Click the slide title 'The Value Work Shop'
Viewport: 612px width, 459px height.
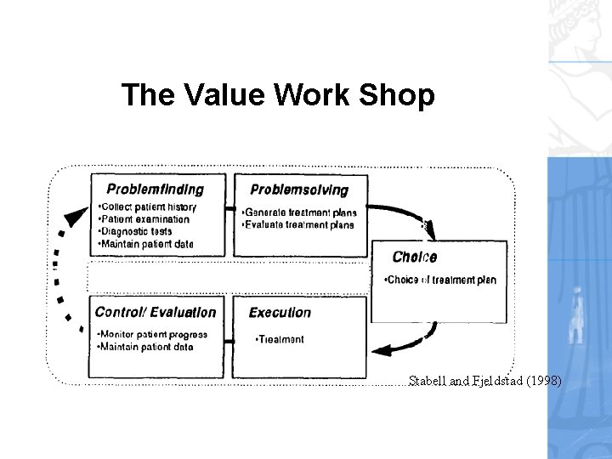278,94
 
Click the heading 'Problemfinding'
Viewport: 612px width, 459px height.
155,189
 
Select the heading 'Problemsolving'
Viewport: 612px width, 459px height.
298,190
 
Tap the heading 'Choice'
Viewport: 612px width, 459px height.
414,257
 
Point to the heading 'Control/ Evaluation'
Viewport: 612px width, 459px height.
156,312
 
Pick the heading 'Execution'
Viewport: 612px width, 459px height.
280,313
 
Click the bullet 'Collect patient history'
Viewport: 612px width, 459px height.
147,207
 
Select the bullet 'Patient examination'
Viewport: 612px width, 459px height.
144,219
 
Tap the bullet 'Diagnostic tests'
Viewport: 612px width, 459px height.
136,231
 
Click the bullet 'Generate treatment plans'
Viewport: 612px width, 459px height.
298,212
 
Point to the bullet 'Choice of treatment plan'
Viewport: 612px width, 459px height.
440,280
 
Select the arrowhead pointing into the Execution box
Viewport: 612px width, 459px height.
385,348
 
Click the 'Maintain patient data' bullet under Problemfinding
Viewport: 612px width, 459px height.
145,244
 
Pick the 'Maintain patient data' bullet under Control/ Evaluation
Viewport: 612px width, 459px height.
145,347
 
